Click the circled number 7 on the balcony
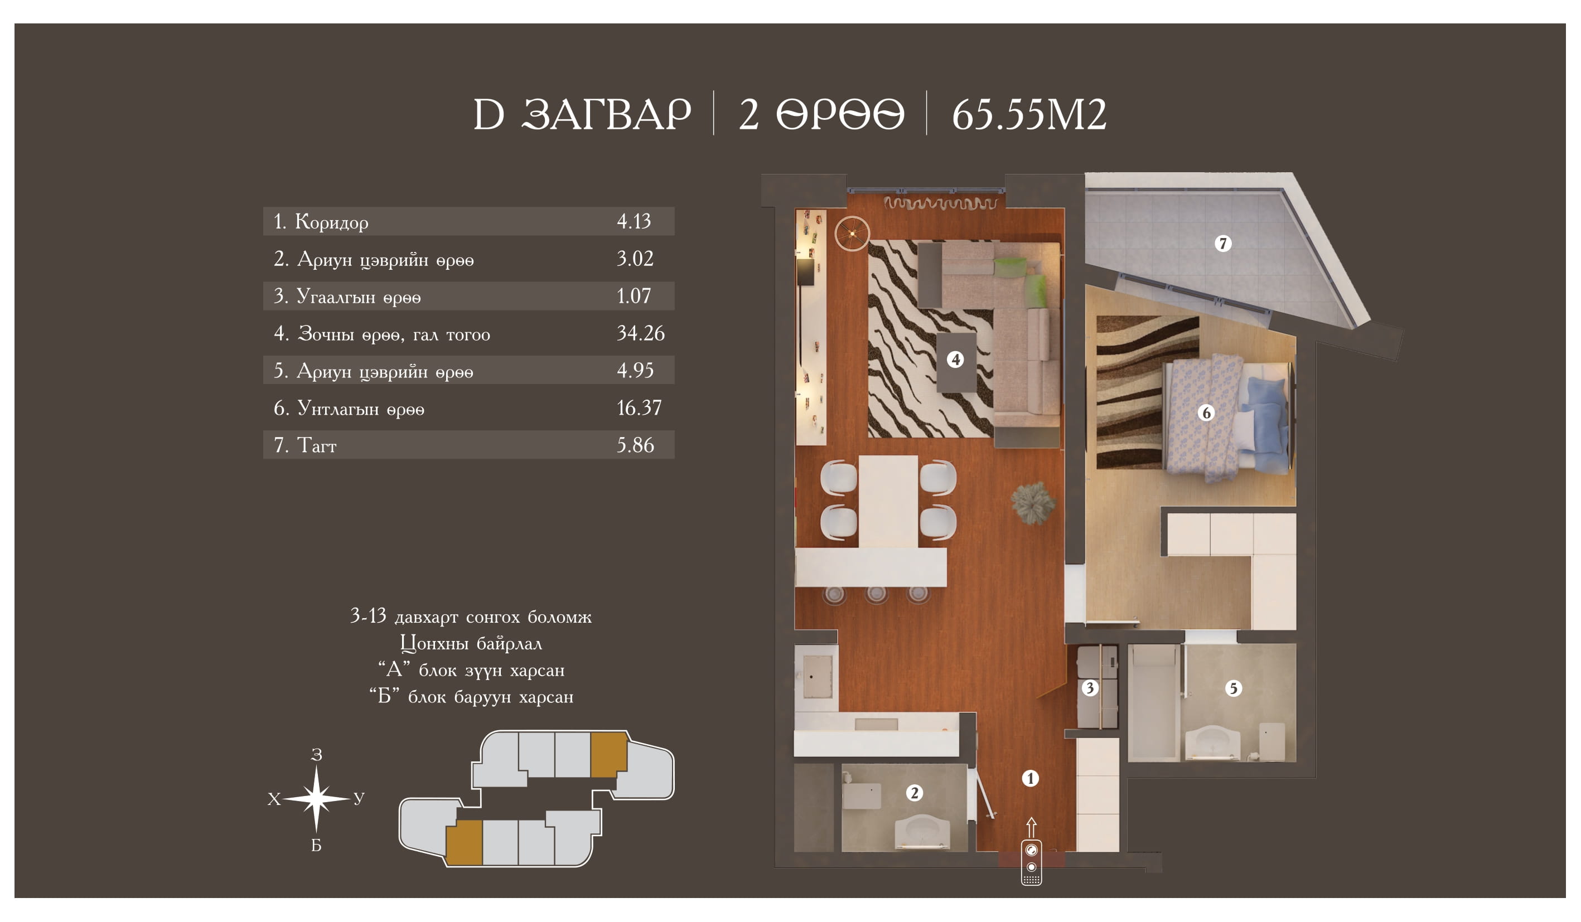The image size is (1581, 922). pos(1222,244)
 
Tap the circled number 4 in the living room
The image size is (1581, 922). pos(955,360)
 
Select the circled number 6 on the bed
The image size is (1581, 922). pos(1205,413)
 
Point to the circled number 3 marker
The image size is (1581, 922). pos(1089,688)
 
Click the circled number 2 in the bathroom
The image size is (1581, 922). pos(914,793)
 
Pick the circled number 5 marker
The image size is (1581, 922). pos(1233,688)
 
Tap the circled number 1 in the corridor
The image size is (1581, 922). pos(1030,778)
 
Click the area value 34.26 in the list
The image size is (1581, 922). pos(641,333)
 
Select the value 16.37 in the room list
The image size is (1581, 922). pos(639,407)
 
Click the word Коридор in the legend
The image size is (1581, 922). pos(331,221)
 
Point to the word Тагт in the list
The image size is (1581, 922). pos(316,445)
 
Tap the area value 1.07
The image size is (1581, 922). pos(634,295)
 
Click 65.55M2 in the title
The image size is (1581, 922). pos(1029,115)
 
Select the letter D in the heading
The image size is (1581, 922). pos(489,115)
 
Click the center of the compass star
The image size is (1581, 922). pos(316,798)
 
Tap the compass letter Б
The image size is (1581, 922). pos(316,846)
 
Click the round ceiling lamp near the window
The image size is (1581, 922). pos(852,234)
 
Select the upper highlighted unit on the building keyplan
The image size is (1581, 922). pos(608,755)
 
